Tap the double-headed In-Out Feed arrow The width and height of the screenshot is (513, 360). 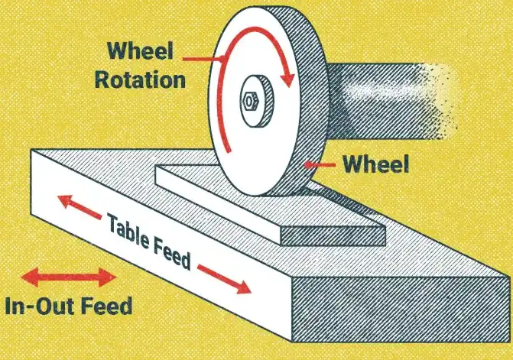tap(69, 276)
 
